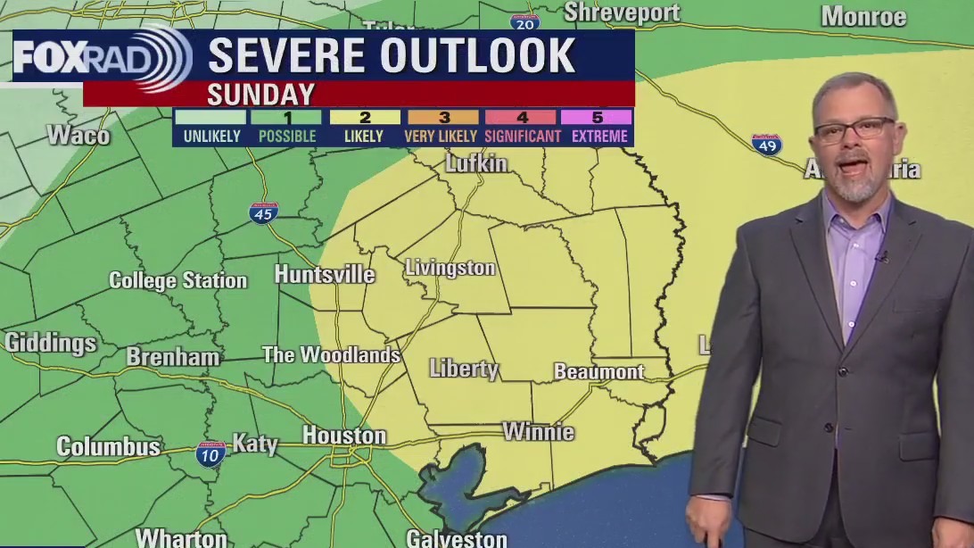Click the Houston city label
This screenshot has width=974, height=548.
coord(343,436)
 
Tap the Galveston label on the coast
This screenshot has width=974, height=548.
coord(457,538)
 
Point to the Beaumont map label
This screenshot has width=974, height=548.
coord(598,371)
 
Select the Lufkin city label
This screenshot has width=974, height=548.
coord(476,163)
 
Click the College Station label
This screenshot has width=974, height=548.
coord(177,280)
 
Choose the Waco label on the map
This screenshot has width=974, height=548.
coord(78,136)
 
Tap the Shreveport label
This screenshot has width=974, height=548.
coord(622,12)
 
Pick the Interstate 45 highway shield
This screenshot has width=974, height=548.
coord(263,213)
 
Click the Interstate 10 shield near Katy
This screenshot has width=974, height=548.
coord(210,453)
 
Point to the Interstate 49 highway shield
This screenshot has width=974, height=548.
coord(766,145)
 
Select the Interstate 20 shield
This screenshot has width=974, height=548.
coord(524,21)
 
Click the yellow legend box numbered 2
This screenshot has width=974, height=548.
coord(365,117)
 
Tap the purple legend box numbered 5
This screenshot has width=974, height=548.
coord(598,117)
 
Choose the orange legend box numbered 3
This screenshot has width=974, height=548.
coord(443,117)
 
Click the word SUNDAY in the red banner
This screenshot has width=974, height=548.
coord(260,94)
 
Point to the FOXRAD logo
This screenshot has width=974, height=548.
coord(102,57)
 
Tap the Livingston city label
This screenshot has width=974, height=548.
coord(450,268)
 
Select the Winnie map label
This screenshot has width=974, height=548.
coord(538,432)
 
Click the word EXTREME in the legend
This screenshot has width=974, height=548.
coord(599,137)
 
